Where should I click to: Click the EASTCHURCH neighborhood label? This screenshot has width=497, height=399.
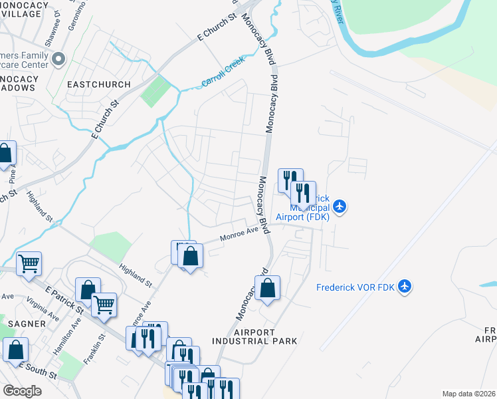point(92,84)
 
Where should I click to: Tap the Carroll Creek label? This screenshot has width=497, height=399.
point(223,72)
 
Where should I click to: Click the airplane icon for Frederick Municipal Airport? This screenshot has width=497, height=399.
point(340,207)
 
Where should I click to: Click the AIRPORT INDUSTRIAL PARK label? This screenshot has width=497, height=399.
point(254,336)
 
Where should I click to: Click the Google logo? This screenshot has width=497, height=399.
point(21,391)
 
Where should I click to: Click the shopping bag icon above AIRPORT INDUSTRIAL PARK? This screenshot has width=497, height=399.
point(267,288)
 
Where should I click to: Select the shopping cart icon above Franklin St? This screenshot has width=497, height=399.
point(104,305)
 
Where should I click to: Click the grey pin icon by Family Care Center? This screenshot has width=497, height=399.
point(58,59)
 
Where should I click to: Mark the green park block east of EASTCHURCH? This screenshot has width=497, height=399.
point(154,92)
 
